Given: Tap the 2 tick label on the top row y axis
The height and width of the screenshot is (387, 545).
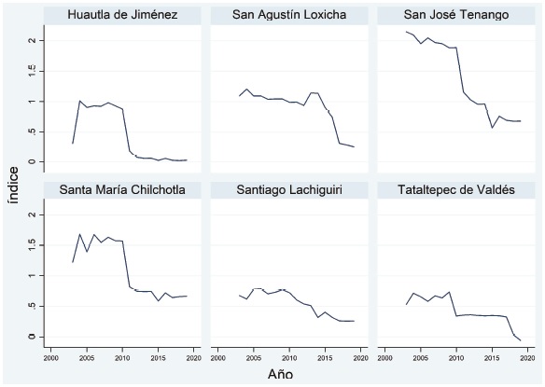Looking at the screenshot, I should (33, 41).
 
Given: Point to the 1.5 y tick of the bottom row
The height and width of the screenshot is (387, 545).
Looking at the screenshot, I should (33, 245).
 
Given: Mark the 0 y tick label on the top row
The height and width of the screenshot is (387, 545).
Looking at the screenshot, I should (33, 161).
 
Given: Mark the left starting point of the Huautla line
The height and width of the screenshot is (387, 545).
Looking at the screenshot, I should (72, 143).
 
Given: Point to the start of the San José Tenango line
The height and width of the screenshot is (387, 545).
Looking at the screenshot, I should (406, 31).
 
